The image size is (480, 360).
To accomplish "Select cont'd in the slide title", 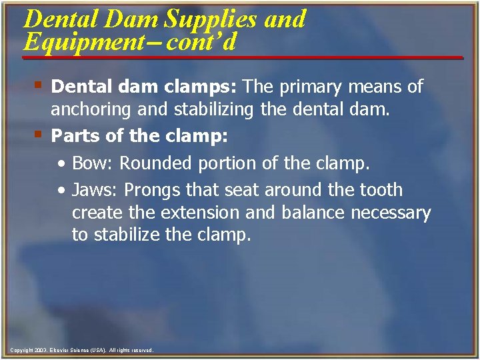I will pyautogui.click(x=201, y=42).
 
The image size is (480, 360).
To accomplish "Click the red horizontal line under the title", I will pyautogui.click(x=243, y=58).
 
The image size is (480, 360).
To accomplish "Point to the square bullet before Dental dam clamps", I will pyautogui.click(x=38, y=85).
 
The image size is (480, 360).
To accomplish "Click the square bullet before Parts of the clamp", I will pyautogui.click(x=38, y=134).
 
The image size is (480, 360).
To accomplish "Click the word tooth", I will pyautogui.click(x=379, y=190).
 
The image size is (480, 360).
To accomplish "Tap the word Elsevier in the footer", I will pyautogui.click(x=61, y=350).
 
